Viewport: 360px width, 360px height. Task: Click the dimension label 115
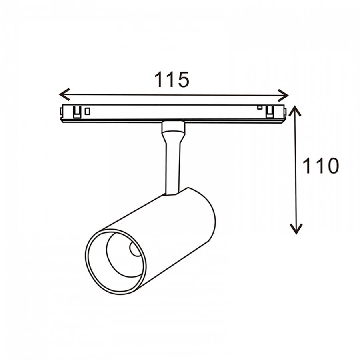[172, 80]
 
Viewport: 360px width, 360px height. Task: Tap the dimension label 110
[321, 166]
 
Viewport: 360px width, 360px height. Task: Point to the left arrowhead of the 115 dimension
[64, 94]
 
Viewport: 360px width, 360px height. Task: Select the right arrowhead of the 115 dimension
[283, 95]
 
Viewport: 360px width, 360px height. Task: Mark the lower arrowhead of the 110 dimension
[296, 229]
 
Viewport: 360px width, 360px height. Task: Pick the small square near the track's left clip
[87, 111]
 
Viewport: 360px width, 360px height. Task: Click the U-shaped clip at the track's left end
[77, 112]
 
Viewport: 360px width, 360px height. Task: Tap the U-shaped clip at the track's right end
[270, 112]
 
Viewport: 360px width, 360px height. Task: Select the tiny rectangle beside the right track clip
[260, 107]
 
